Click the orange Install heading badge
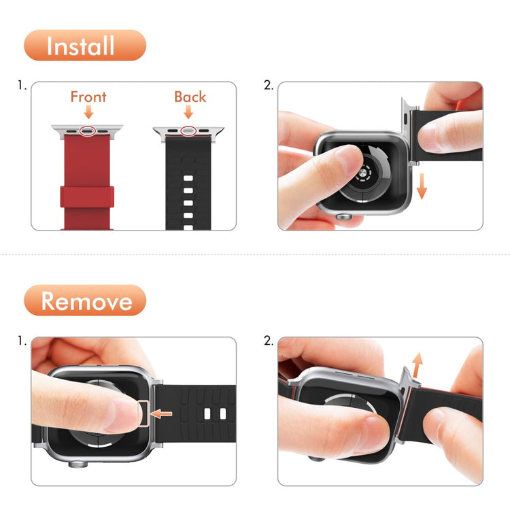[85, 46]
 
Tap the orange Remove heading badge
[85, 301]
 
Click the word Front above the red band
[88, 97]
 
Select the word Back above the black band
[190, 97]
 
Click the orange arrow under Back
[189, 112]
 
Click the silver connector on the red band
[87, 129]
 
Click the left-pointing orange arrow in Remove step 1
[163, 413]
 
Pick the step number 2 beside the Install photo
[268, 86]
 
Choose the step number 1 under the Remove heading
[22, 341]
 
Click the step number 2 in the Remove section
[268, 341]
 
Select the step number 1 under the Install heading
[22, 86]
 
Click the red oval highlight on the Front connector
[87, 129]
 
